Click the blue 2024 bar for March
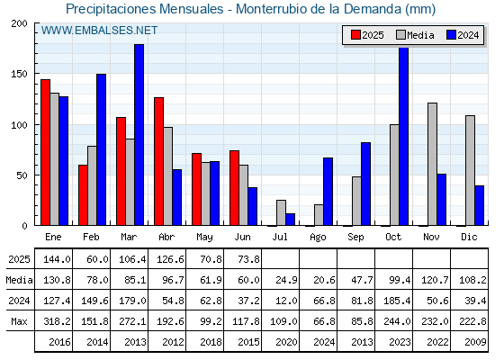(x=139, y=135)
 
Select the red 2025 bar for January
(x=45, y=152)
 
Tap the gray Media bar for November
(x=432, y=164)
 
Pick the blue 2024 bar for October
(x=404, y=136)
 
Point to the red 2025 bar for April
(x=158, y=161)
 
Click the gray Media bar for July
(x=281, y=212)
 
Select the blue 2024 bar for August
(x=328, y=192)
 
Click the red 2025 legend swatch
(x=355, y=35)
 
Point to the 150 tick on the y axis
(x=19, y=74)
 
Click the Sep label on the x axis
(x=355, y=238)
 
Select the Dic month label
(x=469, y=237)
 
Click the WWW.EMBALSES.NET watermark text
(x=99, y=31)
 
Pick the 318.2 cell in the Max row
(x=57, y=321)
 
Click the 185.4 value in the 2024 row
(x=397, y=301)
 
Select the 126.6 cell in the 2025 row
(x=170, y=259)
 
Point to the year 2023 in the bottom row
(x=400, y=342)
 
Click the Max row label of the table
(x=19, y=321)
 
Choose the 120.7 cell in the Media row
(x=435, y=280)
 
